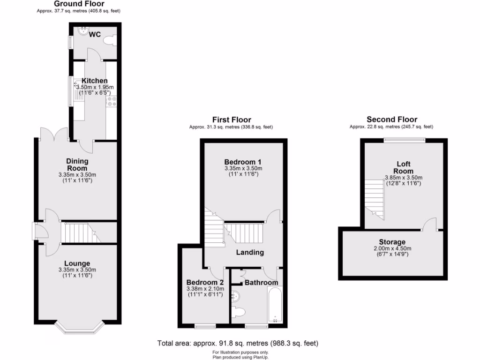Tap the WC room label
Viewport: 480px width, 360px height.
pos(95,34)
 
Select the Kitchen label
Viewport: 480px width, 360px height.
pos(94,81)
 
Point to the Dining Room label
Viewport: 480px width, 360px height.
pos(77,165)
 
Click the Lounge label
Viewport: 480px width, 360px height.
pos(77,263)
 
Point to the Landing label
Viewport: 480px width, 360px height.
pos(249,252)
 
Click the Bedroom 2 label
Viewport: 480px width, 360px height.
pos(205,283)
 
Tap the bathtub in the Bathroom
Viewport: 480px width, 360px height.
pos(275,305)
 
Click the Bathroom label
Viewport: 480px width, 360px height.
pos(261,283)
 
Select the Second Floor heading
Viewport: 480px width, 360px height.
pos(391,120)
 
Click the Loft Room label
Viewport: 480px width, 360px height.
pos(403,167)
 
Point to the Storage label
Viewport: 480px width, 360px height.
pos(392,242)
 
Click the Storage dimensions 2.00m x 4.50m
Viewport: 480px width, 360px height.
pos(392,248)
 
